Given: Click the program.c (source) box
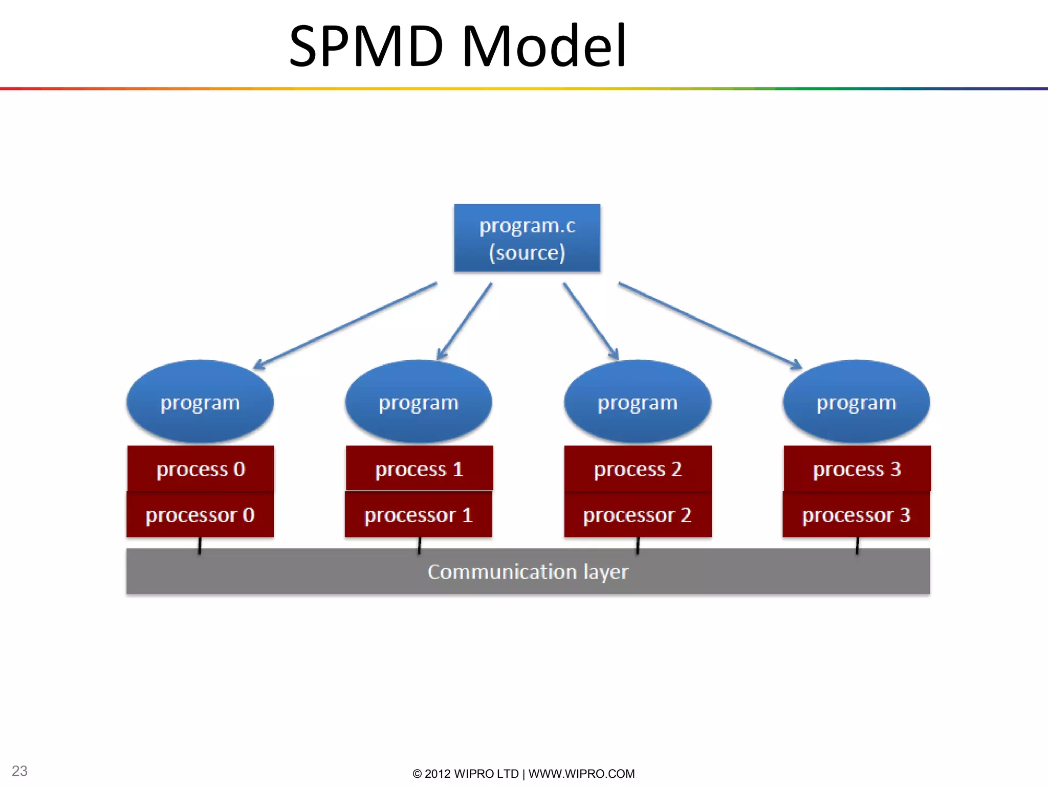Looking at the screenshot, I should (x=527, y=238).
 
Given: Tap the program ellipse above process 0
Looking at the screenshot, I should (x=200, y=402).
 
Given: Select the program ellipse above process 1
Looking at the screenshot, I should (x=419, y=402).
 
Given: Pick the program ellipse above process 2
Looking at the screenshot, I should (x=638, y=402).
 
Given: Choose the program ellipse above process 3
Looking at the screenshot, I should (x=856, y=402).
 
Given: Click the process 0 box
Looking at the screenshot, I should (x=201, y=469).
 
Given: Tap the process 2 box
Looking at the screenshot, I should (x=638, y=469).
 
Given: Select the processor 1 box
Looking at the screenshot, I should (x=419, y=515).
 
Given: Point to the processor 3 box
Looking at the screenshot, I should (x=856, y=515).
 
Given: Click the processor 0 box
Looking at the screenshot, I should (x=200, y=515).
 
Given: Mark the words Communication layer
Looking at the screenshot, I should (x=528, y=572).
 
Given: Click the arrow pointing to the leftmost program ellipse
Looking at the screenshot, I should (x=345, y=325).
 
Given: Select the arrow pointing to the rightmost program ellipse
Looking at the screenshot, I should (x=710, y=325).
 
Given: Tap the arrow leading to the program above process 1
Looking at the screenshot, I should (x=465, y=321).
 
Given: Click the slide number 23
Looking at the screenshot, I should (x=19, y=771).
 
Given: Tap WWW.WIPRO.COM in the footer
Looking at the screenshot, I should (x=581, y=774).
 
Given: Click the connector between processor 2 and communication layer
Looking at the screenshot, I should (x=638, y=545).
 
